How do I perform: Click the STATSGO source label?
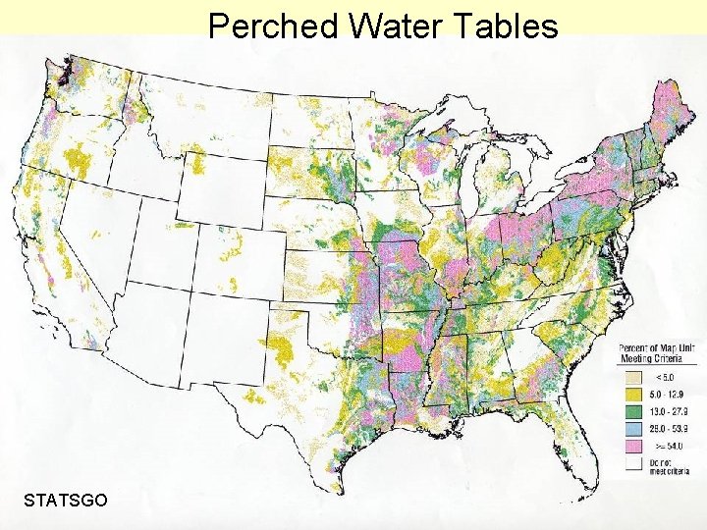pos(66,501)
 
